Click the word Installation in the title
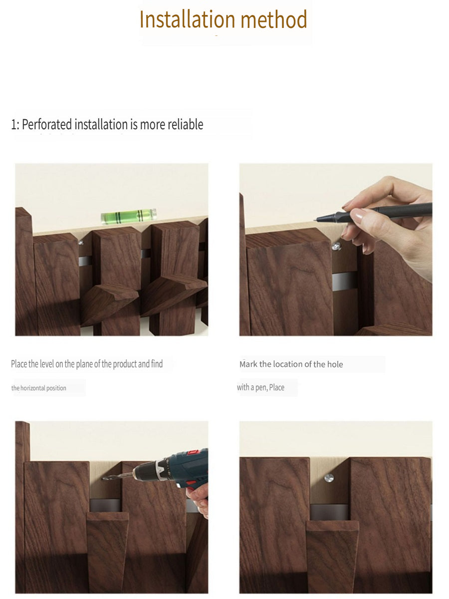(x=187, y=19)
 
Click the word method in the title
(x=274, y=19)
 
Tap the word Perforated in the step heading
(x=47, y=125)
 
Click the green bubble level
(x=129, y=217)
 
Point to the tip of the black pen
(x=315, y=220)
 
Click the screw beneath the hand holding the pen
(x=336, y=246)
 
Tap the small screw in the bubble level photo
(x=81, y=242)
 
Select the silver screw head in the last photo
(x=329, y=478)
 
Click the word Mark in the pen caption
(x=248, y=364)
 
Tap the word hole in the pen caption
(x=335, y=364)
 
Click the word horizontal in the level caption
(x=34, y=388)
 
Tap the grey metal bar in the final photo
(x=330, y=512)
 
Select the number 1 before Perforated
(x=13, y=125)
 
